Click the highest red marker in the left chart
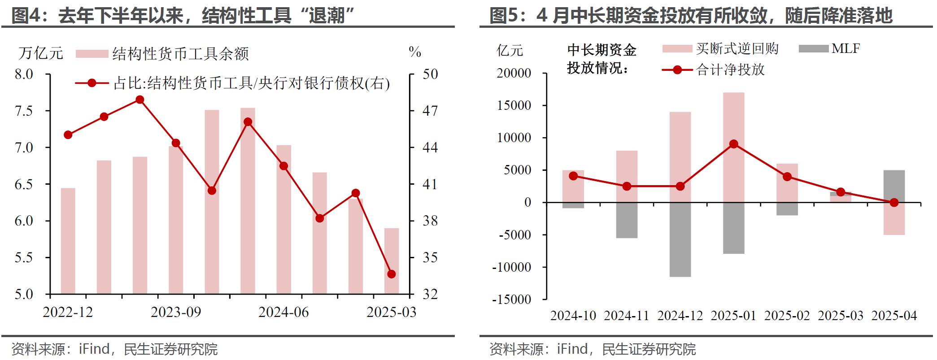(140, 100)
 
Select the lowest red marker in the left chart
(391, 274)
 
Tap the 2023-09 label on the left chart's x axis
(176, 312)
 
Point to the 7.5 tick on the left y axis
(24, 111)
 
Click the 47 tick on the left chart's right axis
(430, 111)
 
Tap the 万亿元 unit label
(41, 53)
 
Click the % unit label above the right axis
(415, 52)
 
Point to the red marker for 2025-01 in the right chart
(734, 144)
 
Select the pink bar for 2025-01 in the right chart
(734, 147)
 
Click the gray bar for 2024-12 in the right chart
(680, 239)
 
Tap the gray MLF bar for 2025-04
(894, 186)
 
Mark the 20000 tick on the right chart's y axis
(514, 73)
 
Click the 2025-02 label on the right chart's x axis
(787, 316)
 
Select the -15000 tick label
(512, 299)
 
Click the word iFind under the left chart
(94, 349)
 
